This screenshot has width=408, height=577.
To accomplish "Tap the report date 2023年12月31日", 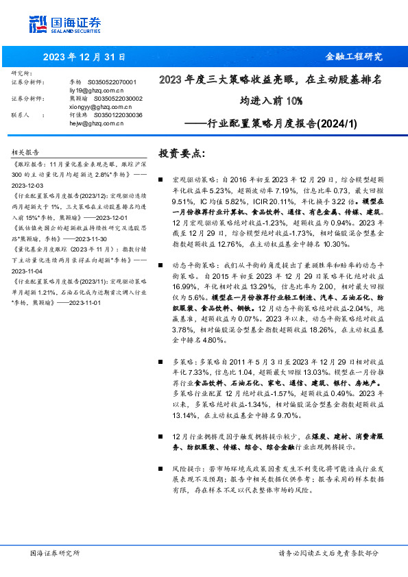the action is click(76, 57).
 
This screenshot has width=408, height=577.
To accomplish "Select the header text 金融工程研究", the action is click(353, 57).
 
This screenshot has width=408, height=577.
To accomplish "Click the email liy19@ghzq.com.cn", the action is click(97, 90).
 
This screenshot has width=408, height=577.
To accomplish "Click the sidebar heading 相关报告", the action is click(26, 152).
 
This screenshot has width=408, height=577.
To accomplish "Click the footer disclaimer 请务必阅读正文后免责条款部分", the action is click(328, 552).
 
